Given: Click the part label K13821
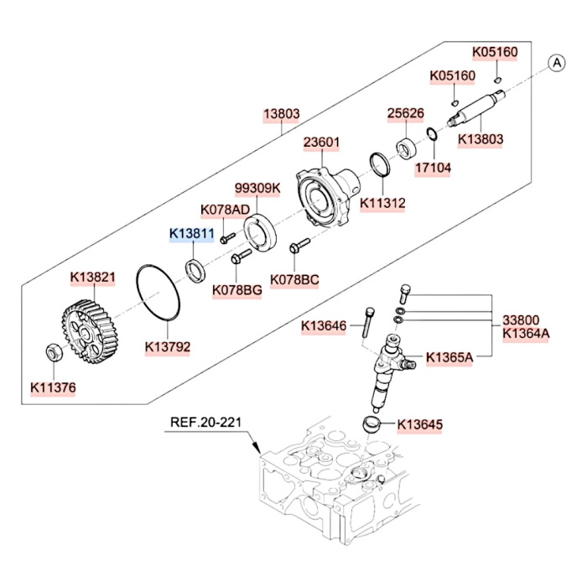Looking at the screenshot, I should [91, 277].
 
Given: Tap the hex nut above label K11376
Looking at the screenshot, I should [51, 353].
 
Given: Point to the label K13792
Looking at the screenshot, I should [168, 345].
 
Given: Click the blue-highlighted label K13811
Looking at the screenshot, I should [192, 234].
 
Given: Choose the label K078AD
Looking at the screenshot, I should [225, 209].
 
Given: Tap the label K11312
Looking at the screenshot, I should [382, 202].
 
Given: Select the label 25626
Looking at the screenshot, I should [405, 113].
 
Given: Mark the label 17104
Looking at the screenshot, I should [434, 168].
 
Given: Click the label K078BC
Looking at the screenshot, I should [294, 279].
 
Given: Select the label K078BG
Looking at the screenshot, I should [237, 290].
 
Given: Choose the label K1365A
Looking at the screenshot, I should [450, 357].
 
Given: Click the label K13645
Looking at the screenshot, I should [419, 425].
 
